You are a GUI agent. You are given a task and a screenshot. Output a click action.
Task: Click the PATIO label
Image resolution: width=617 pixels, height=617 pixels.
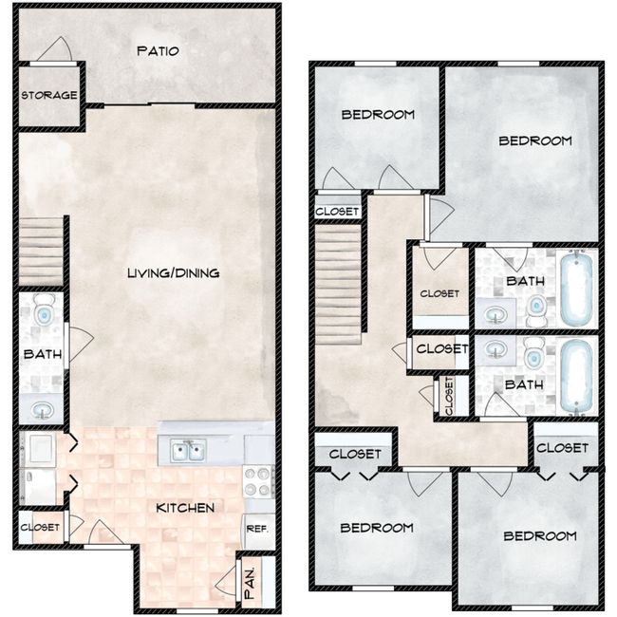coord(157,51)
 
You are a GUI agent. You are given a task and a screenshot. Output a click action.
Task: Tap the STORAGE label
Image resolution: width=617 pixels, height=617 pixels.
coord(49,95)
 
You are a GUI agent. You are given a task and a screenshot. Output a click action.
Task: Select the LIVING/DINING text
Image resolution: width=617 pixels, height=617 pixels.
coord(174,273)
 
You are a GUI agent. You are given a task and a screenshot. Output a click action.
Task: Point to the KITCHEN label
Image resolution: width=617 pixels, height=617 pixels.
coord(185,508)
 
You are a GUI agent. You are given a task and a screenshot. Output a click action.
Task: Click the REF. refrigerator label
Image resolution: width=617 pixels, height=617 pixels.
coord(255,529)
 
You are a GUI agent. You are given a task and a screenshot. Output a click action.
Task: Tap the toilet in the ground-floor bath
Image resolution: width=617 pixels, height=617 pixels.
coord(44,310)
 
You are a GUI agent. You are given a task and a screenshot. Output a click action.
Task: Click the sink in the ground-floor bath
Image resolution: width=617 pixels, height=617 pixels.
coord(43,409)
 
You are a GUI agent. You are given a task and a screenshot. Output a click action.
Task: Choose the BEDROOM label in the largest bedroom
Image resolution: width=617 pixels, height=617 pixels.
coord(535,140)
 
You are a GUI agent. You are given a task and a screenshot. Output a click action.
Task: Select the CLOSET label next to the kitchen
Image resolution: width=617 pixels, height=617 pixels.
coord(40,527)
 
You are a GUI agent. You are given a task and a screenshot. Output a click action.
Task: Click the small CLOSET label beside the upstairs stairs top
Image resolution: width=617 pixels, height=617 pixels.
coord(337,211)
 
